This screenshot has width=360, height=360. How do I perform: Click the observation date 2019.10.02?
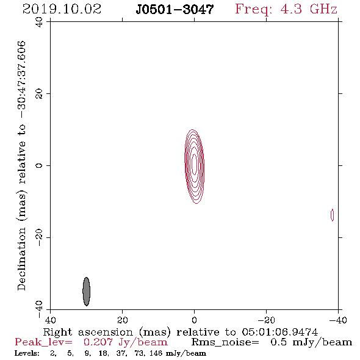coord(62,9)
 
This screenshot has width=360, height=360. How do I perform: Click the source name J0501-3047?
coord(175,9)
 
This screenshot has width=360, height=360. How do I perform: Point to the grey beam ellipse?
coord(86,291)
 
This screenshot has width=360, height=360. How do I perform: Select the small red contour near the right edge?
coord(332,215)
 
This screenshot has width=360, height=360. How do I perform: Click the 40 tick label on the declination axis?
coord(39,22)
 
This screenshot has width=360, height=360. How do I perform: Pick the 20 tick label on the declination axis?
coord(39,94)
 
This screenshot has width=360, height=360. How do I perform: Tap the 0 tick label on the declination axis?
coord(39,165)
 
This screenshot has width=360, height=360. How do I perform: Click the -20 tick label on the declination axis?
coord(39,237)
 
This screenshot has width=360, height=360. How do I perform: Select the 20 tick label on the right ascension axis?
coord(122,320)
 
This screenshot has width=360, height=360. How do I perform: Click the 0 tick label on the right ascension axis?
coord(194,320)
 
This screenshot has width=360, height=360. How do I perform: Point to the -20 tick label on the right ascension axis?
coord(266,320)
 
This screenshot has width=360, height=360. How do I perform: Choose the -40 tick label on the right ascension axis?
coord(338,320)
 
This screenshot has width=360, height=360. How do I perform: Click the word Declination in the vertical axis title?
coord(21,259)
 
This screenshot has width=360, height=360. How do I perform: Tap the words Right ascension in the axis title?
coord(88,332)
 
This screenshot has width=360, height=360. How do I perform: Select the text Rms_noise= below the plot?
coord(225,342)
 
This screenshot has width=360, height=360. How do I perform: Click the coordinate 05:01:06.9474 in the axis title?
coord(279,332)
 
